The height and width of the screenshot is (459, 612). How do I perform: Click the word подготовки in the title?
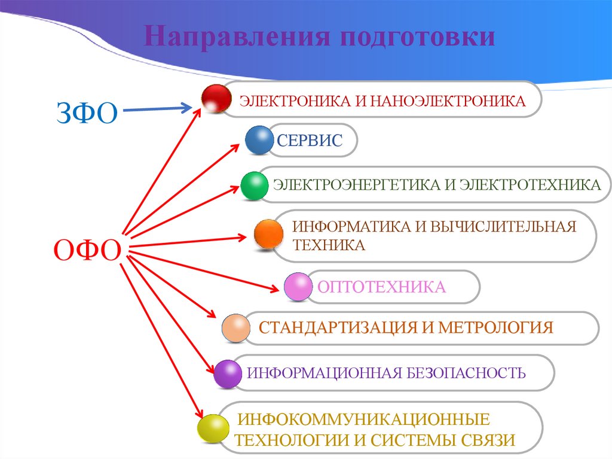418,37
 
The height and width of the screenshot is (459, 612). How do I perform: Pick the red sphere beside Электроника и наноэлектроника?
216,99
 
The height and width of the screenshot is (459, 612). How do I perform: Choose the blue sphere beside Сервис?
259,140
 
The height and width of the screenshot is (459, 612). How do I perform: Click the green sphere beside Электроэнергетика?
255,186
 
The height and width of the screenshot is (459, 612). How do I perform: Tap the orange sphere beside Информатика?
268,234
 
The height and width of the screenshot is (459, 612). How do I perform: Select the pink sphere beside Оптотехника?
298,287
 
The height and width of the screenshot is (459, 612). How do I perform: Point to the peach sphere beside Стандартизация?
235,328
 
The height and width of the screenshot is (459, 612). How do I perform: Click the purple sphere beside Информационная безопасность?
228,374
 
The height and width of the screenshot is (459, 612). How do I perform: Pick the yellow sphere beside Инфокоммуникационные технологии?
213,428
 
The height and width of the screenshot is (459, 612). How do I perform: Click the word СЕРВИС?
309,141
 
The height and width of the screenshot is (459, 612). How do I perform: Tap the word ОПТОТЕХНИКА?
381,287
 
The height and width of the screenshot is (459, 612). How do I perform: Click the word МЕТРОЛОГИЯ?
496,328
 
